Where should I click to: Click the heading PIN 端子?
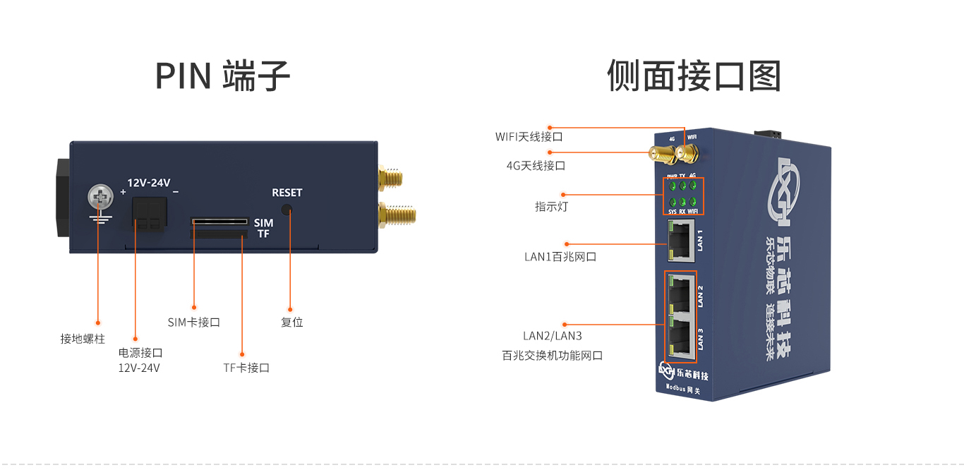coord(222,76)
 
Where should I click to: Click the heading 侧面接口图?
coord(694,76)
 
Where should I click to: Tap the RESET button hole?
coord(287,210)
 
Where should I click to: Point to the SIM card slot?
coord(219,221)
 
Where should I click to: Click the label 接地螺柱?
coord(83,339)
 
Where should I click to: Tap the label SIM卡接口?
coord(194,323)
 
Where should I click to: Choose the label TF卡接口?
coord(246,368)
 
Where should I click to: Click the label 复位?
coord(291,323)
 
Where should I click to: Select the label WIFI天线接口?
coord(529,136)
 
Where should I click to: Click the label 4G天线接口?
coord(536,166)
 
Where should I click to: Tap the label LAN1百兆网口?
coord(560,257)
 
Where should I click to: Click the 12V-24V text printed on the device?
coord(149,183)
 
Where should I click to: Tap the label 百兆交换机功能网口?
coord(553,356)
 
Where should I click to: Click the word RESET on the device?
coord(287,193)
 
